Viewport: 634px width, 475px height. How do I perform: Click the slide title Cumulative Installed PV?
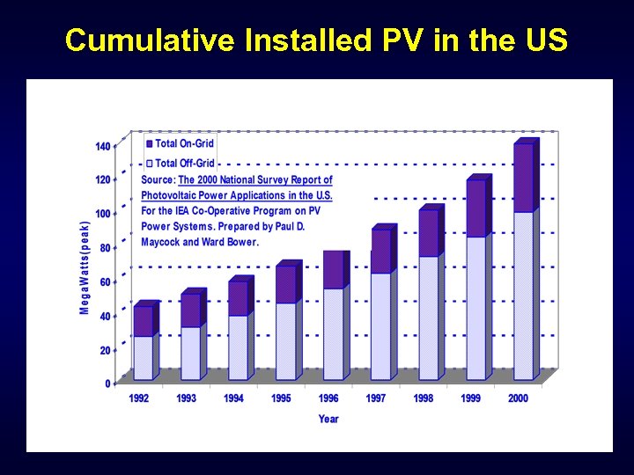coord(316,40)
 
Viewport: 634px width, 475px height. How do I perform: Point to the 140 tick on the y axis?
coord(103,146)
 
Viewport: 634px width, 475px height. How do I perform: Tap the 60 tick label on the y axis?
coord(105,282)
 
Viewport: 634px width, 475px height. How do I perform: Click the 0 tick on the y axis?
coord(107,384)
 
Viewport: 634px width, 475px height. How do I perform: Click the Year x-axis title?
coord(328,419)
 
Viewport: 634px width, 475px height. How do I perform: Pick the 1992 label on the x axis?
coord(138,398)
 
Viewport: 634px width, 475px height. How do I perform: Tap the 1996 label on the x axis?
coord(328,398)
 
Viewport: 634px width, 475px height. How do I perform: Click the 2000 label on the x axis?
coord(519,398)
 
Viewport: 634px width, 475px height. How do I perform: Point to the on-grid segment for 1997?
coord(380,251)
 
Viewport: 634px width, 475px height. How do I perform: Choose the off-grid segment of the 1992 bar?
coord(143,357)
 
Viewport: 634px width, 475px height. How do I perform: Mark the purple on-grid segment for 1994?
coord(238,298)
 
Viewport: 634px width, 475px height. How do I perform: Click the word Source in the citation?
coord(158,179)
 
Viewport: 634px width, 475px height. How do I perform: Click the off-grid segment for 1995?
coord(285,341)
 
